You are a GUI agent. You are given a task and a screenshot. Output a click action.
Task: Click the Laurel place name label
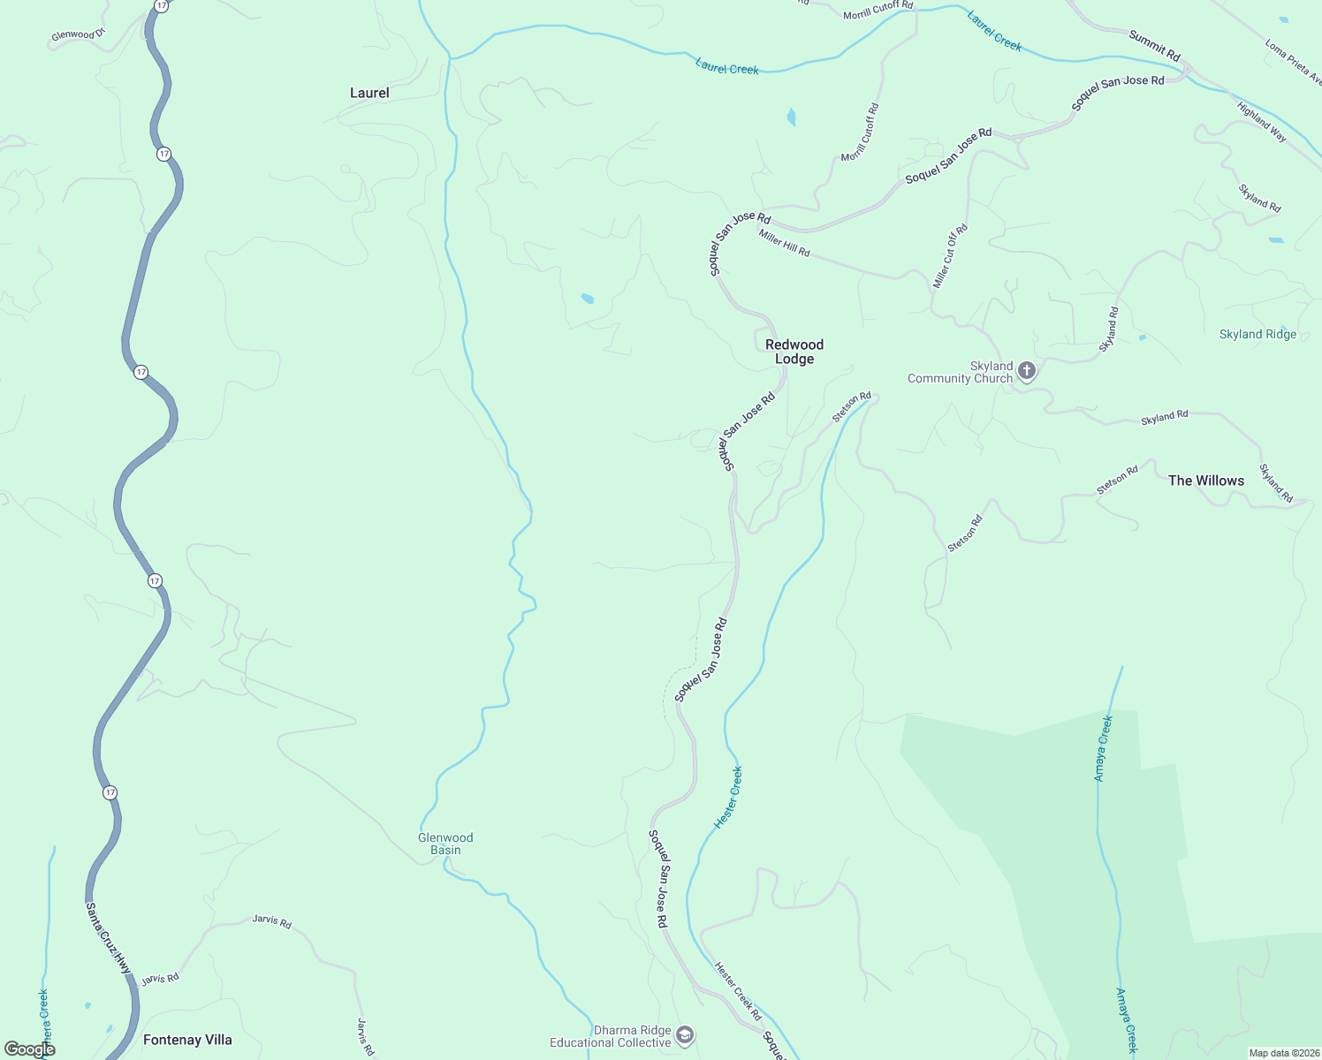(x=369, y=93)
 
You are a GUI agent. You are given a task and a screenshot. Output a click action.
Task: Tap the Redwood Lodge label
(x=794, y=352)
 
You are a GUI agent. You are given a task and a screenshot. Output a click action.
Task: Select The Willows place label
(x=1205, y=481)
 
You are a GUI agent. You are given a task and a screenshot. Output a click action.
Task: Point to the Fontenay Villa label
(x=187, y=1040)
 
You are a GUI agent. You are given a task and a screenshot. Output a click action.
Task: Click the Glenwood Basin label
(x=445, y=844)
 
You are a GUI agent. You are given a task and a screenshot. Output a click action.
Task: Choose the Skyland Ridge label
(x=1257, y=334)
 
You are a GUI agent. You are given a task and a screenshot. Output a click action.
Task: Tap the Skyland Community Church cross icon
(x=1026, y=371)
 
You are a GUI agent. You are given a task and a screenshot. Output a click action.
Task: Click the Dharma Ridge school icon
(x=684, y=1035)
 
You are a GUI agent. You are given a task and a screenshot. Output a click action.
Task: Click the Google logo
(x=29, y=1049)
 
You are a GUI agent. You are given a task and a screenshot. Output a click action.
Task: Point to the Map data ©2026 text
(x=1282, y=1053)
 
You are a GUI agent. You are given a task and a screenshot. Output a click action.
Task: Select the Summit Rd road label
(x=1154, y=46)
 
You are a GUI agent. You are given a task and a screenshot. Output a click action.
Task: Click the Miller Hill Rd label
(x=784, y=243)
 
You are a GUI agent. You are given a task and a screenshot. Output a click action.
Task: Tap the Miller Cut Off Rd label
(x=951, y=256)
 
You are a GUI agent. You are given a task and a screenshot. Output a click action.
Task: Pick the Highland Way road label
(x=1261, y=122)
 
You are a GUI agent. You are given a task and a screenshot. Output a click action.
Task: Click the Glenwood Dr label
(x=78, y=35)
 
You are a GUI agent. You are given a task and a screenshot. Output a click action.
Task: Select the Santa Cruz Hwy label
(x=109, y=938)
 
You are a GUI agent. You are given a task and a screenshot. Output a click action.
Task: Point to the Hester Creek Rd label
(x=738, y=991)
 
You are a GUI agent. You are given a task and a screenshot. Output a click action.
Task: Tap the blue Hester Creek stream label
(x=729, y=798)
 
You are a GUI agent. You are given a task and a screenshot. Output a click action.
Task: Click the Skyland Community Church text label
(x=960, y=372)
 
